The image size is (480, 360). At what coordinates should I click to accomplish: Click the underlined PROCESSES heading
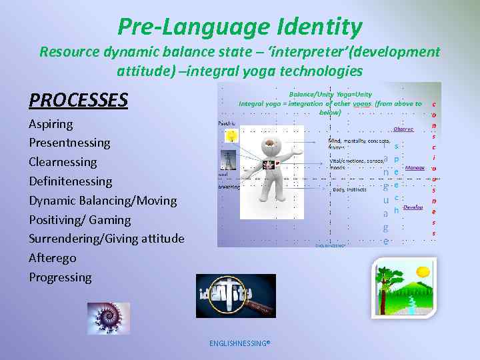(78, 100)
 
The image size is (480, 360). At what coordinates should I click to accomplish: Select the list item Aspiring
(51, 124)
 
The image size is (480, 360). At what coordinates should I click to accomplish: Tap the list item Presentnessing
(69, 143)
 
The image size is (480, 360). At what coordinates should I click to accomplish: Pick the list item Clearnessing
(63, 162)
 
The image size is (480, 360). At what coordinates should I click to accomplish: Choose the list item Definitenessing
(70, 181)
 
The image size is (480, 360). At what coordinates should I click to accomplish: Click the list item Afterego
(52, 258)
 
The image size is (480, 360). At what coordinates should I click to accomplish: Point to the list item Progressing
(60, 277)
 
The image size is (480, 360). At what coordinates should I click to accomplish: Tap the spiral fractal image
(109, 318)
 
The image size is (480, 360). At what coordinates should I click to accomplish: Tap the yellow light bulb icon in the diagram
(231, 135)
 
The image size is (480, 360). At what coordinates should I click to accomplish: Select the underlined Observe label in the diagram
(403, 129)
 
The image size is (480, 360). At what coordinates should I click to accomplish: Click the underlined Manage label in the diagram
(415, 168)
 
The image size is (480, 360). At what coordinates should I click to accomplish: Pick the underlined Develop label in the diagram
(413, 207)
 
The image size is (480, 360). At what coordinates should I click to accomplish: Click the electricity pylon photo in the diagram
(226, 160)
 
